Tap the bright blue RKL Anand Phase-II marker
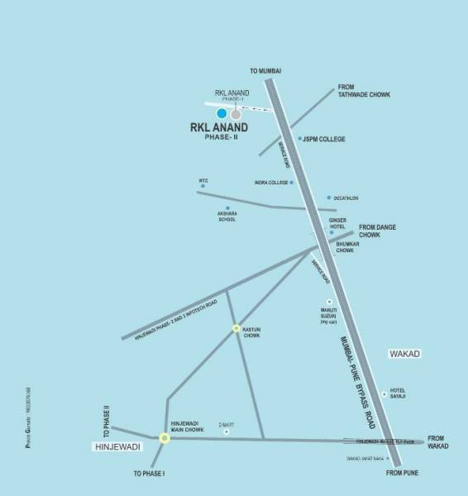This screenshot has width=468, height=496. coord(221,113)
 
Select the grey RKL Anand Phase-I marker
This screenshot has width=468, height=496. coord(236,113)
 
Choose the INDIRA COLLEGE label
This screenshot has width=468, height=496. coord(271,182)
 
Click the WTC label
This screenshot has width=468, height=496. coord(203,180)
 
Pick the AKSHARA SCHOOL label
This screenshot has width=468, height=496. coord(227,217)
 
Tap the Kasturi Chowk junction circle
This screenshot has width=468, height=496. coord(236,328)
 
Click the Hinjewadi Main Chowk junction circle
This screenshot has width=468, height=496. coord(164,438)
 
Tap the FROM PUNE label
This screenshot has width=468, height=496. coord(404,473)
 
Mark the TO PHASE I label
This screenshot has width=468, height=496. coord(150,474)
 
